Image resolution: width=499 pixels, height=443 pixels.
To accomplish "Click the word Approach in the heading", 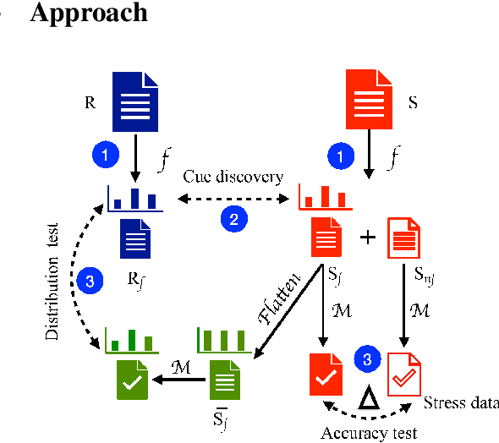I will (89, 14).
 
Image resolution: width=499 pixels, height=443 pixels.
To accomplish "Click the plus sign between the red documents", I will (367, 238).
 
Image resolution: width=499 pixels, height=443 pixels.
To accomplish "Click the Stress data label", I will (460, 402).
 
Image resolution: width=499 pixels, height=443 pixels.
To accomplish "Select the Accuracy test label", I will (369, 433).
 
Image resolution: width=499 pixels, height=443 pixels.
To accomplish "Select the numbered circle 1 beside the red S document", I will (338, 156).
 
